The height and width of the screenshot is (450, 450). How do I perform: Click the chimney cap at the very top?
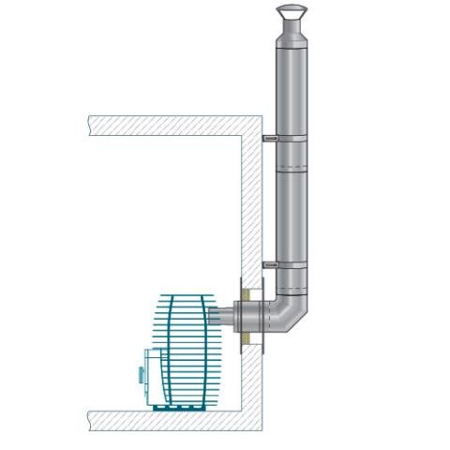tap(291, 12)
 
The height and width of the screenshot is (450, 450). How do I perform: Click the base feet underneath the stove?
tap(183, 406)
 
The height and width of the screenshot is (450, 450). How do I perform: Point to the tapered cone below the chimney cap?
tap(291, 32)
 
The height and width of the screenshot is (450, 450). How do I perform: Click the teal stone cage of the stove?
tap(187, 347)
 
